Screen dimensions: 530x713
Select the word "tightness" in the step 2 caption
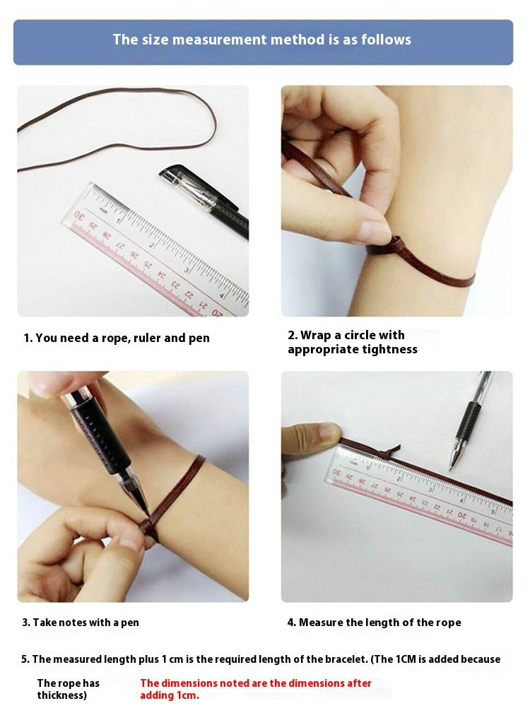[389, 349]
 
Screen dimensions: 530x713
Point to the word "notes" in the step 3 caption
[72, 623]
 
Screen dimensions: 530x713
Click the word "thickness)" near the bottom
[61, 695]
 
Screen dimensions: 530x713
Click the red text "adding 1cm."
[170, 695]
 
